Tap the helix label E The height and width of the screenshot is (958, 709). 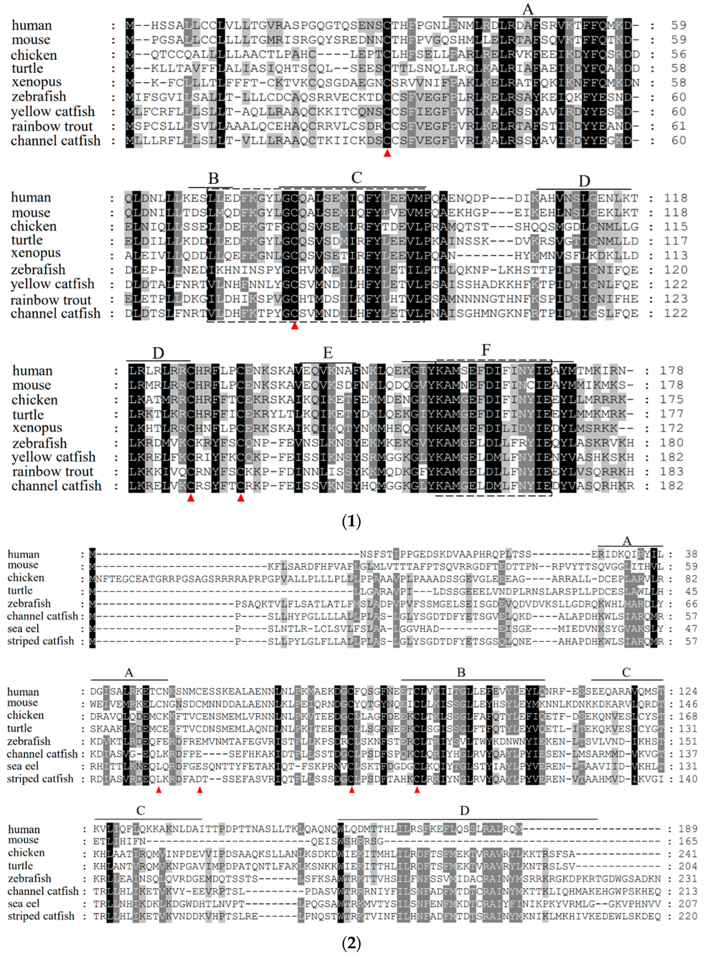tap(328, 353)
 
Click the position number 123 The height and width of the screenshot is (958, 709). tap(675, 299)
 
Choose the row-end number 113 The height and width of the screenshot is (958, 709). tap(675, 255)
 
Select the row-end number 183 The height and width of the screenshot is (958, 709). tap(672, 471)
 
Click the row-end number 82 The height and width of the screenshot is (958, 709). tap(691, 579)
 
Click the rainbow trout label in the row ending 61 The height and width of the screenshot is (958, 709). tap(52, 126)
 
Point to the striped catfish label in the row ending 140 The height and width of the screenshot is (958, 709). tap(40, 779)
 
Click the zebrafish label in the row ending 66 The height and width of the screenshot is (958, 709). tap(29, 603)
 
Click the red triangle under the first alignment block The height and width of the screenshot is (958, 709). tap(387, 153)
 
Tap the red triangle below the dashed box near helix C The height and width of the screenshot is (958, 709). tap(294, 326)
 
